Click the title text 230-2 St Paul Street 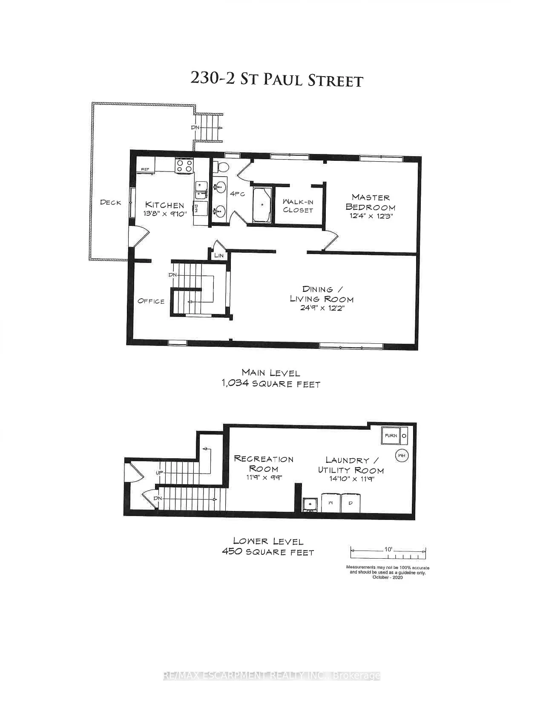276,79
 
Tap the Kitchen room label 165,205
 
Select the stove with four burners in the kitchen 185,165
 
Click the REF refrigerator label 145,169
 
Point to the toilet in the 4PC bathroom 221,166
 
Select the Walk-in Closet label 298,206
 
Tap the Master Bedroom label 371,203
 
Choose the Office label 151,301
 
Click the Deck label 111,203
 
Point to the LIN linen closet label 219,256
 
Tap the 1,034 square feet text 270,384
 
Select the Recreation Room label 264,464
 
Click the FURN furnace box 391,436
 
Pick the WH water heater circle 401,456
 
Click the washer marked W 330,503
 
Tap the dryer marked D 351,503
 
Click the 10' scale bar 388,552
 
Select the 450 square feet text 268,552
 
